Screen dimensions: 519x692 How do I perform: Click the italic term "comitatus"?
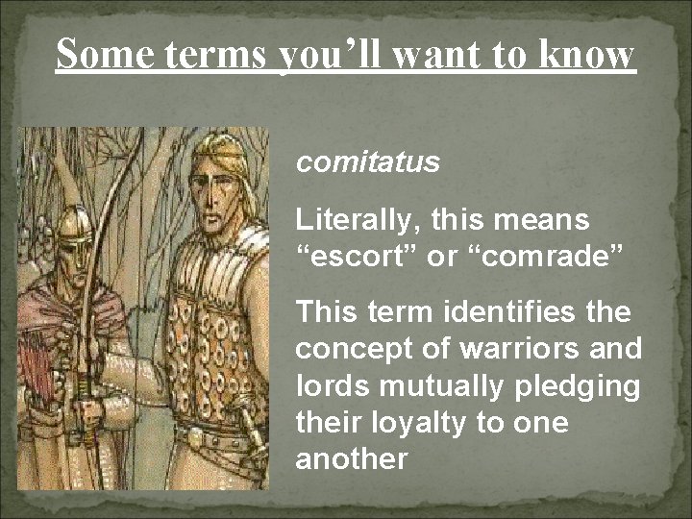point(367,162)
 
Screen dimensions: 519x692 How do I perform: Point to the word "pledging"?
point(580,385)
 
